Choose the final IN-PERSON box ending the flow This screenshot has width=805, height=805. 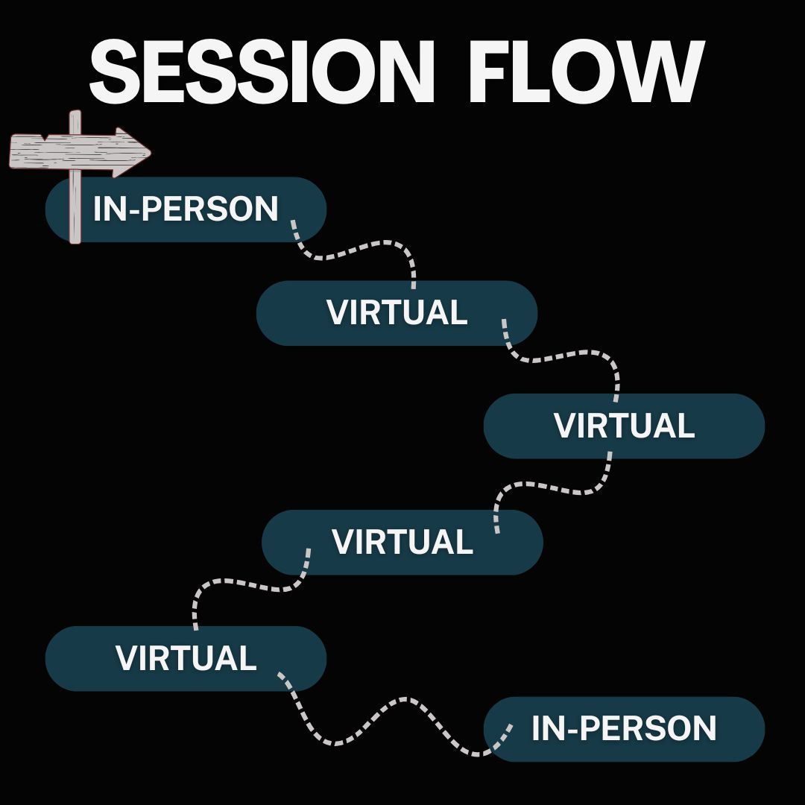point(625,729)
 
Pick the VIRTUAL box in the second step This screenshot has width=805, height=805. point(397,313)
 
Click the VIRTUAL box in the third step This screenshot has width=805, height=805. point(625,426)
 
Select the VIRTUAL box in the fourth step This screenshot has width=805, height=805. point(402,542)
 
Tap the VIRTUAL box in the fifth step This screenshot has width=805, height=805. point(186,658)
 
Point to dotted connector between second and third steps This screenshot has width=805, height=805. point(566,356)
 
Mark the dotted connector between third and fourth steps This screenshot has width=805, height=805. point(552,488)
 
